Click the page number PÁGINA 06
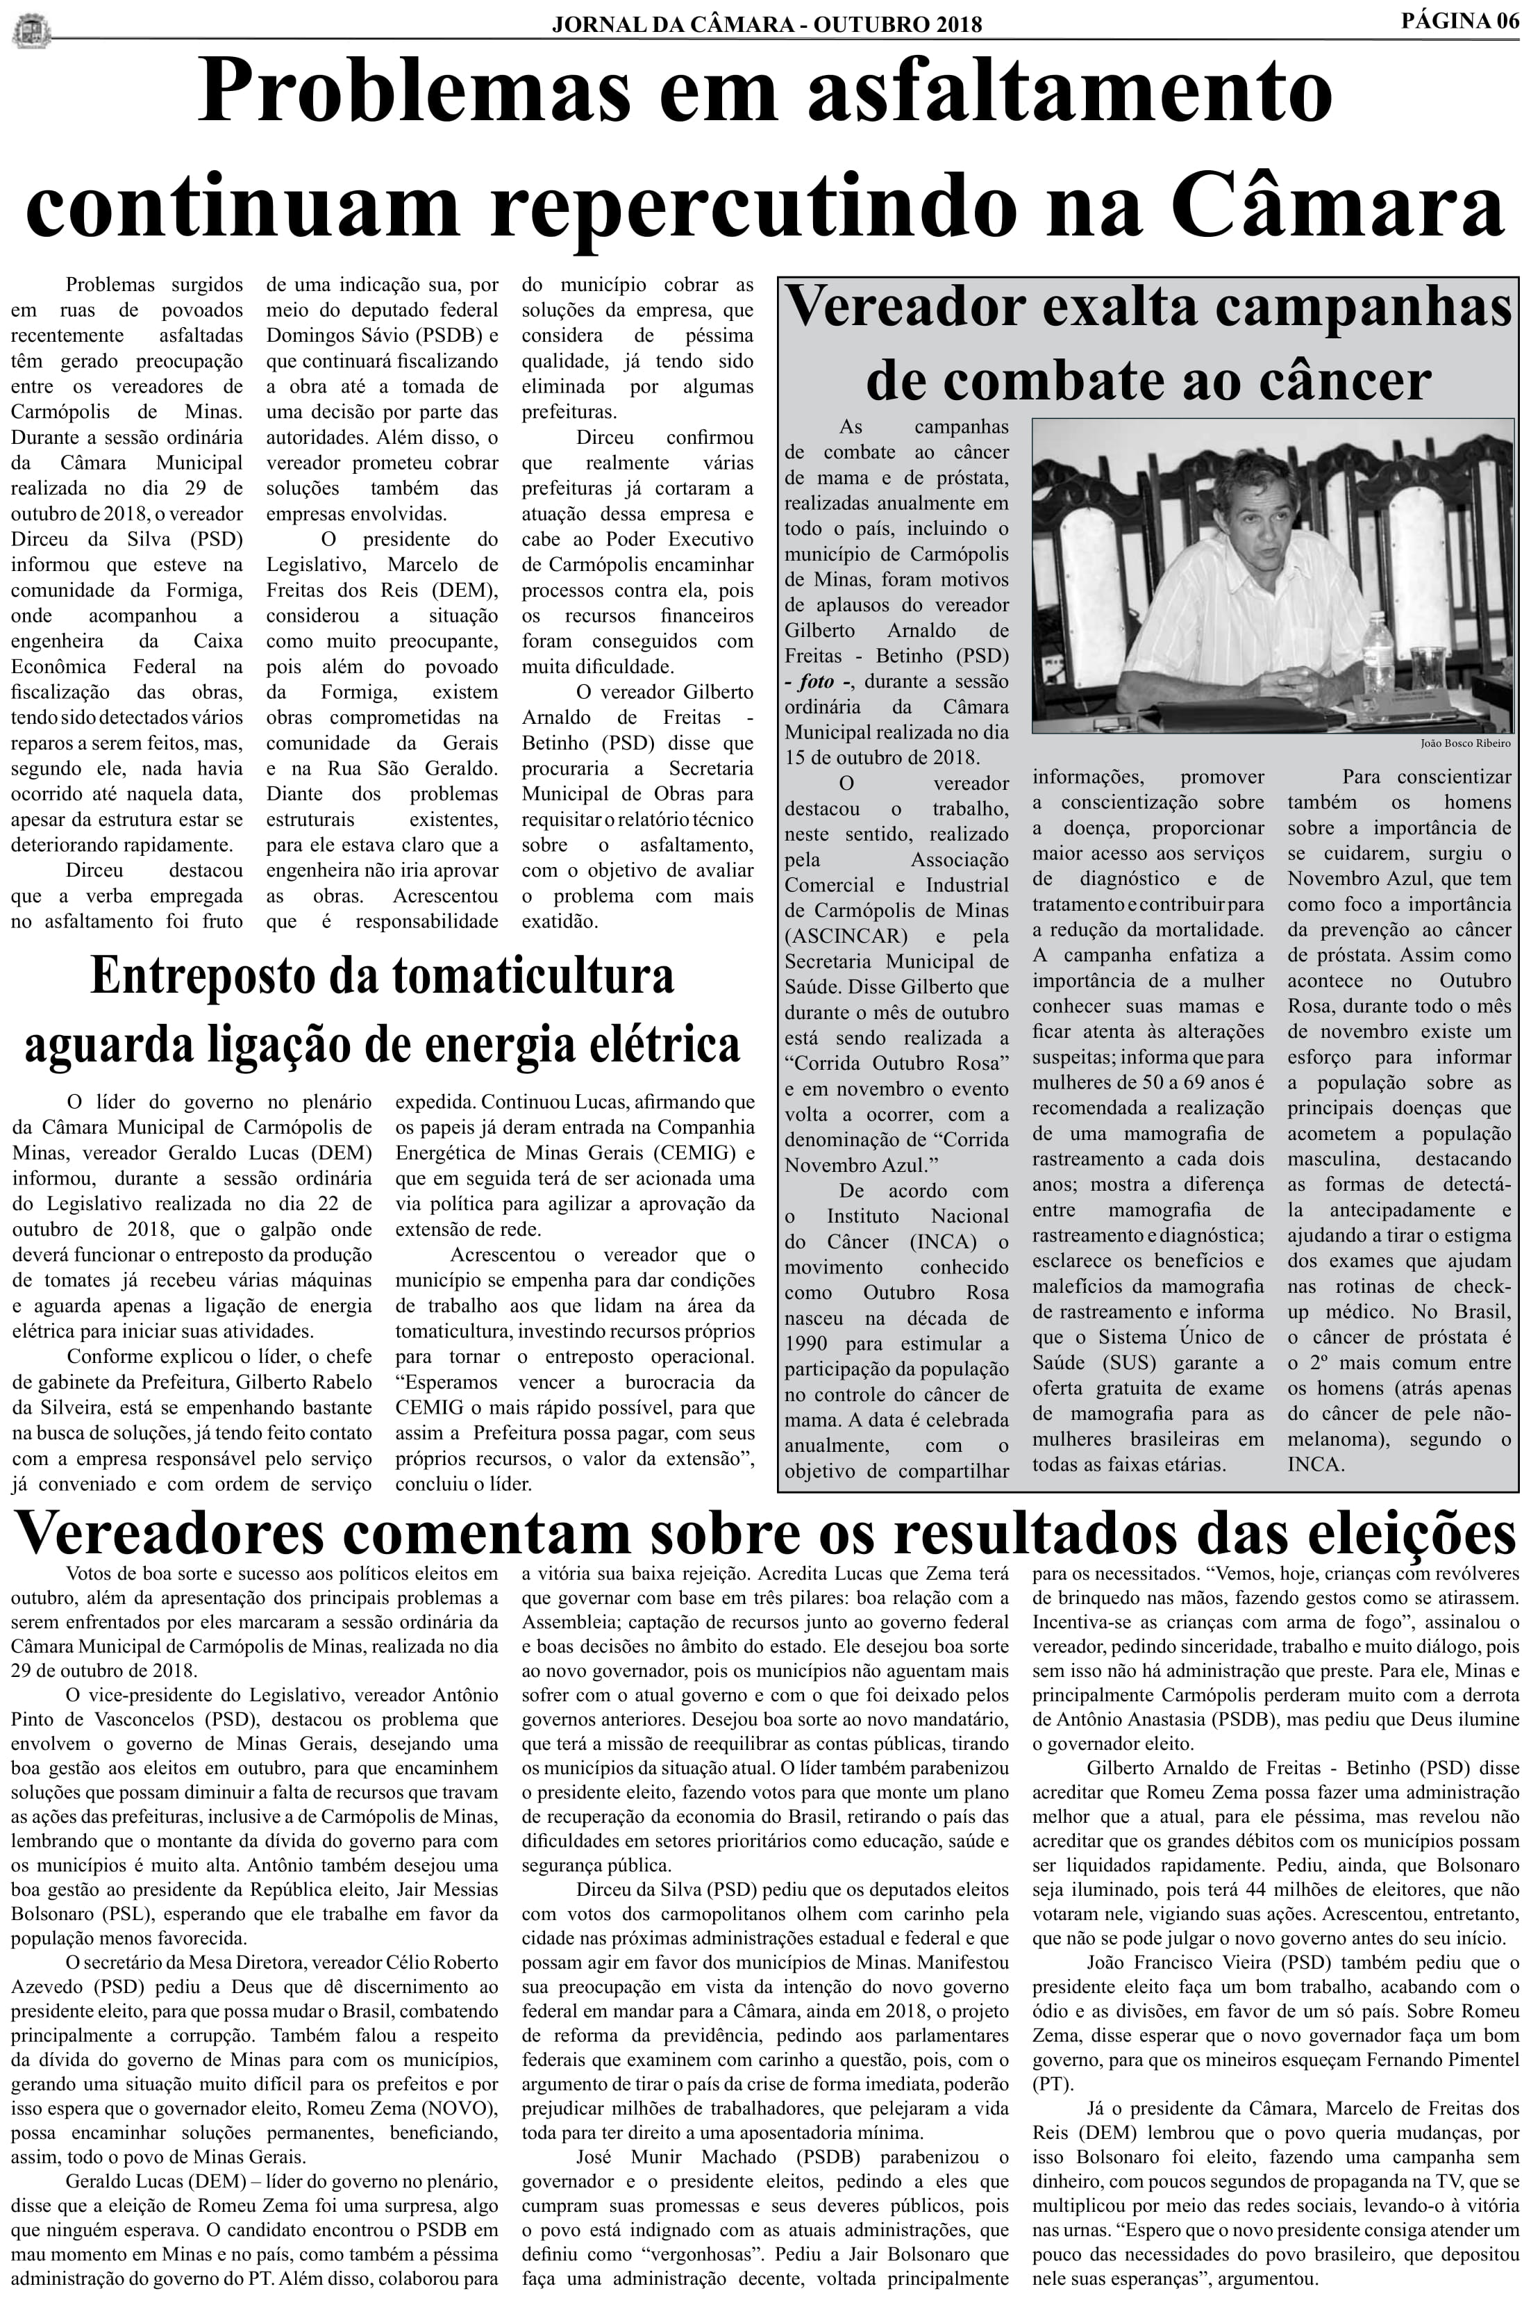1459,21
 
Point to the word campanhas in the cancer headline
1362,308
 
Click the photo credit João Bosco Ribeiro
1464,743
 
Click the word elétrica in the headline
664,1044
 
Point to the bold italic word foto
815,681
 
